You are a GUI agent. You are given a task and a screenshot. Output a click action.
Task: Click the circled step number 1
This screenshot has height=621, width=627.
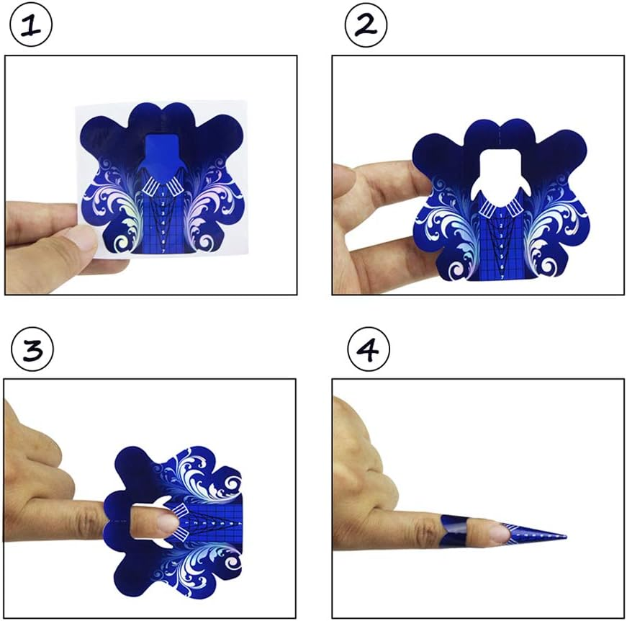click(28, 27)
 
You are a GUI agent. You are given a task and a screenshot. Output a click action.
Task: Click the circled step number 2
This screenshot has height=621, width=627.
click(366, 27)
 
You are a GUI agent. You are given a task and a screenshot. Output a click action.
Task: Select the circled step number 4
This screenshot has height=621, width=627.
click(368, 351)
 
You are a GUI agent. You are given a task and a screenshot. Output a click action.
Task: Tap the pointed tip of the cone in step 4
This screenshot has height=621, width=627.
click(564, 537)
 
